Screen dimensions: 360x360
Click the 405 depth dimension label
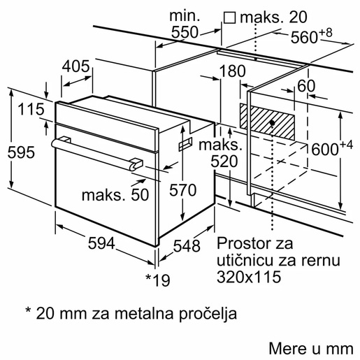76,66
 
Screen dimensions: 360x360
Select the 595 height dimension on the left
17,153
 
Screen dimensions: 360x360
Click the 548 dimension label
187,246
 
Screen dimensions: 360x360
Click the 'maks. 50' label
115,195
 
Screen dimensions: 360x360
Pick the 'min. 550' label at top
185,24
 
